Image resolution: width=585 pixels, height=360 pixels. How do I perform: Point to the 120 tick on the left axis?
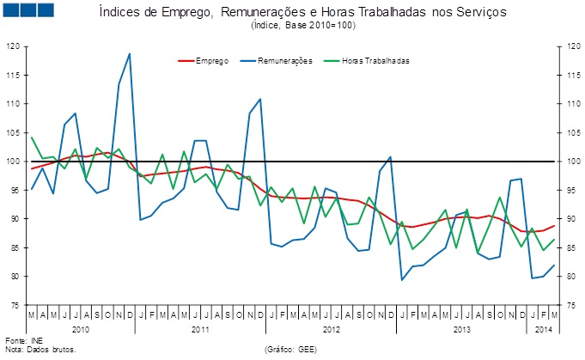pyautogui.click(x=14, y=46)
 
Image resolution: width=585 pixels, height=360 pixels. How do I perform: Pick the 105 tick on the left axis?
pyautogui.click(x=14, y=132)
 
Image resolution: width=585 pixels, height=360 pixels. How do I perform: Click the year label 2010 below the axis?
pyautogui.click(x=81, y=329)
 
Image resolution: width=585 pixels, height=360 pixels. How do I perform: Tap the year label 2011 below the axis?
pyautogui.click(x=200, y=329)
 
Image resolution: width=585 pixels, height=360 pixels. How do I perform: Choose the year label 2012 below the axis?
pyautogui.click(x=332, y=329)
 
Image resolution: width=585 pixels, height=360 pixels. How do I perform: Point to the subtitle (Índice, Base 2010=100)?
pyautogui.click(x=303, y=26)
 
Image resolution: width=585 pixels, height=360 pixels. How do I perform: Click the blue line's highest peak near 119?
pyautogui.click(x=130, y=54)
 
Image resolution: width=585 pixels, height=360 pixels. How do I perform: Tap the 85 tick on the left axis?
pyautogui.click(x=14, y=247)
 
